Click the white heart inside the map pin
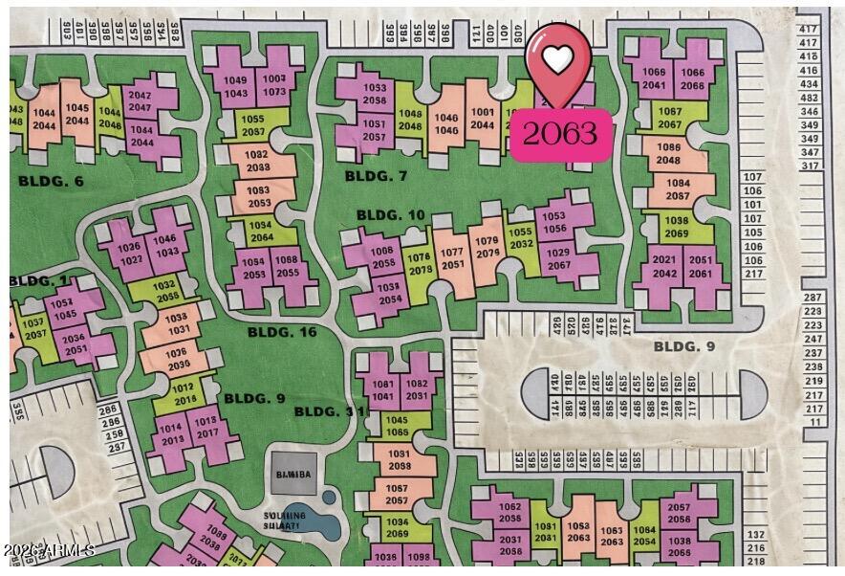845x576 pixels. (558, 59)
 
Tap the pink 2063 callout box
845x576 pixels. (559, 133)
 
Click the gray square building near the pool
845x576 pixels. (292, 473)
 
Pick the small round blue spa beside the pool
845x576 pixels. (330, 498)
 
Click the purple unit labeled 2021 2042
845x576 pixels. (663, 267)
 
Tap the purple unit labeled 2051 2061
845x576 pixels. (701, 267)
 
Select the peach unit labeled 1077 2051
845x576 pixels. (453, 259)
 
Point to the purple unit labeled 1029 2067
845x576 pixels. (558, 258)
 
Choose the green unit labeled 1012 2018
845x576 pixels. (184, 393)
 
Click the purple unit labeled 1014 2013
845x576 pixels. (172, 434)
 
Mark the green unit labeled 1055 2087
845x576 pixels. (253, 125)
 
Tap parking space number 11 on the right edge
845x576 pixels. (814, 421)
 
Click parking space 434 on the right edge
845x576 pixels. (810, 84)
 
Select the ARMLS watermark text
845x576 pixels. (48, 551)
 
